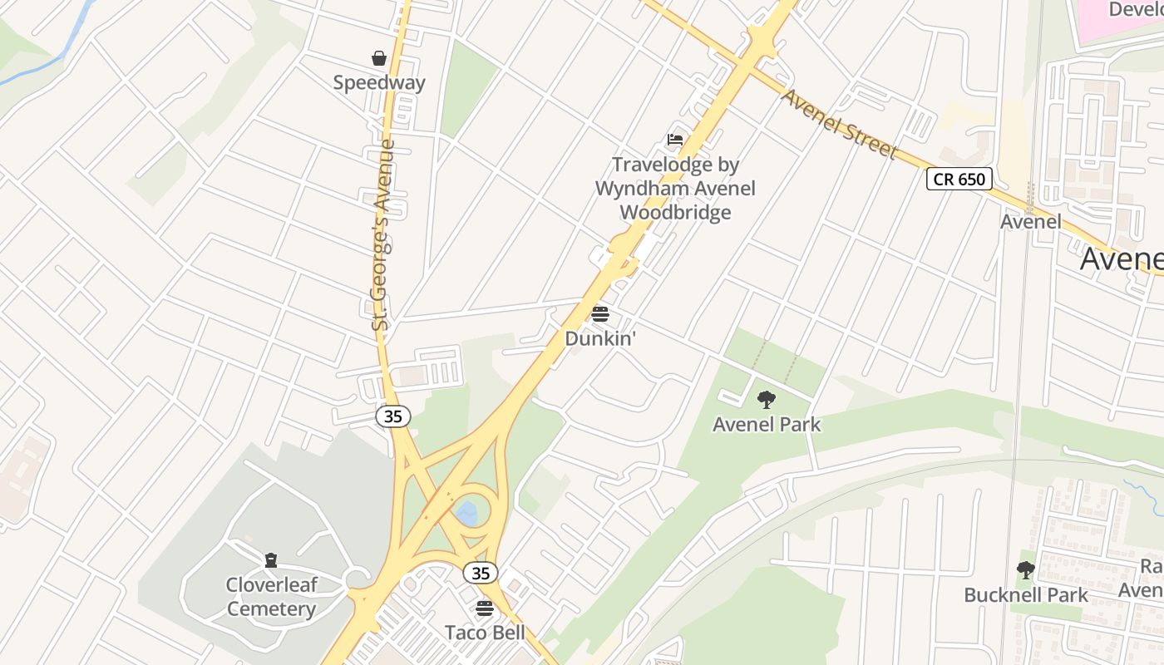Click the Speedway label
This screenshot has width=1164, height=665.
coord(379,82)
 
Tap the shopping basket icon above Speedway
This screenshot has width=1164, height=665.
coord(379,57)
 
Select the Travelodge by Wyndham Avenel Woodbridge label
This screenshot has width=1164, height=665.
coord(675,189)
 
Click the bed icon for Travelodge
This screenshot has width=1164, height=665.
coord(675,139)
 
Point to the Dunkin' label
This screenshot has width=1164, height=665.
coord(600,339)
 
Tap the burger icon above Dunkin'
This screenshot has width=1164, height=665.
coord(600,314)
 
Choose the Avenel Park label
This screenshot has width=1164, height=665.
coord(767,425)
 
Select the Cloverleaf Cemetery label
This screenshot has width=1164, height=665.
coord(271,597)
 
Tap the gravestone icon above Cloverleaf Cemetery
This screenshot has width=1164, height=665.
coord(271,560)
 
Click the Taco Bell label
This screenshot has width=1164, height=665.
coord(485,633)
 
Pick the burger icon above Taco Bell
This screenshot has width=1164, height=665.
coord(485,608)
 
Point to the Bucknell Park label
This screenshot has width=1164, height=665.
coord(1026,595)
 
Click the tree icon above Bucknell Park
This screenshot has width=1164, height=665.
coord(1026,570)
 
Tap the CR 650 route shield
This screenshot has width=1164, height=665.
coord(959,179)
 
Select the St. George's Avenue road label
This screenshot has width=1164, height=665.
coord(382,235)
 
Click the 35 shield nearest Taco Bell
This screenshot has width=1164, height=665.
coord(481,573)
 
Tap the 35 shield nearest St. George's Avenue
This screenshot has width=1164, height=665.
coord(393,416)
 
